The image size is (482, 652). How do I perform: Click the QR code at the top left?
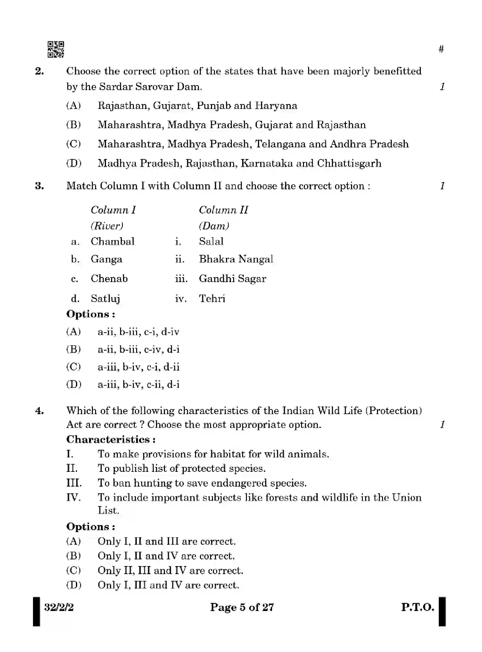click(56, 49)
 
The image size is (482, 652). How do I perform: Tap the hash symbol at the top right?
click(441, 49)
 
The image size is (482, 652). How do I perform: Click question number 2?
click(39, 71)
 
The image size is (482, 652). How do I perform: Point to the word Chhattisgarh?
click(349, 163)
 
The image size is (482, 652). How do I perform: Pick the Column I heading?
click(113, 210)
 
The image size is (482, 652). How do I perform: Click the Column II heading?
click(223, 210)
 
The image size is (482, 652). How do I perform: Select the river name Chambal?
click(112, 241)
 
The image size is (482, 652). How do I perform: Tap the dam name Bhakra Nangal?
click(236, 259)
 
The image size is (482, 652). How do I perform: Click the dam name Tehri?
click(212, 298)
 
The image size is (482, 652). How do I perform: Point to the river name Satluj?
click(105, 298)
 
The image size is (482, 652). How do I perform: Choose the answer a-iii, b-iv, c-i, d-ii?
click(138, 367)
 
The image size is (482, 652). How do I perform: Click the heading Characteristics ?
click(111, 439)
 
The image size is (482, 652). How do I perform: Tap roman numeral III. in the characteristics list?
click(74, 483)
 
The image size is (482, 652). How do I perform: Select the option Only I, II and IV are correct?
click(166, 556)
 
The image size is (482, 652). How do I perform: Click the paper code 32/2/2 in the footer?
click(59, 607)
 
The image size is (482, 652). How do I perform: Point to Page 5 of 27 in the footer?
click(242, 607)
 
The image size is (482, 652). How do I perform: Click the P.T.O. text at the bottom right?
click(417, 607)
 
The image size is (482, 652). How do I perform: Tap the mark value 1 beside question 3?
click(442, 186)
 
